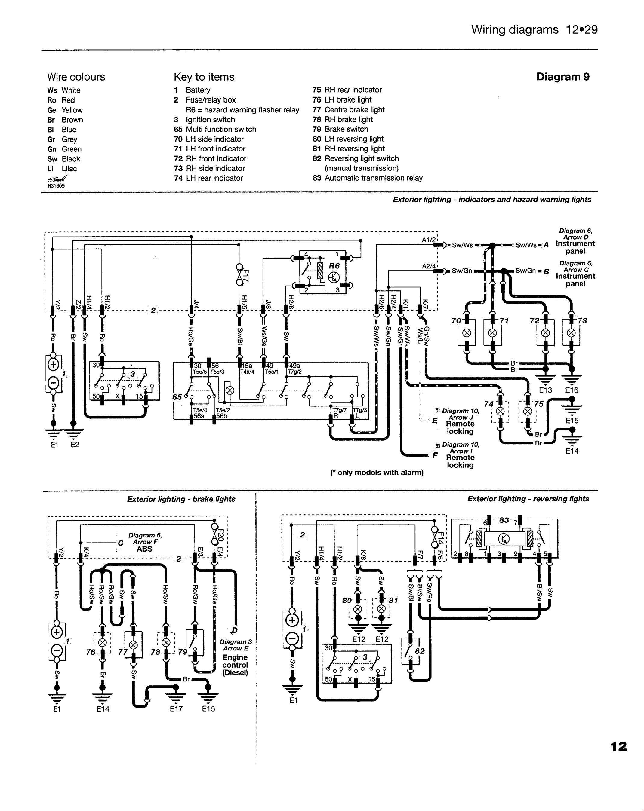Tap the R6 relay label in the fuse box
pyautogui.click(x=334, y=265)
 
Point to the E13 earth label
pyautogui.click(x=545, y=390)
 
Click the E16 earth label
pyautogui.click(x=571, y=390)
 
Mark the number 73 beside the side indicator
pyautogui.click(x=582, y=321)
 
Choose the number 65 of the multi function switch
pyautogui.click(x=177, y=397)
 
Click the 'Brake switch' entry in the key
pyautogui.click(x=346, y=129)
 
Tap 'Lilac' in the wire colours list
pyautogui.click(x=69, y=169)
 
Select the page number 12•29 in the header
pyautogui.click(x=581, y=30)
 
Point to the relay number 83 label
pyautogui.click(x=504, y=520)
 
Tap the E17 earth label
pyautogui.click(x=176, y=709)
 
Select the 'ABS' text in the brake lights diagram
pyautogui.click(x=145, y=549)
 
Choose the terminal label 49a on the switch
pyautogui.click(x=294, y=365)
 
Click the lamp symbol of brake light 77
pyautogui.click(x=133, y=645)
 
